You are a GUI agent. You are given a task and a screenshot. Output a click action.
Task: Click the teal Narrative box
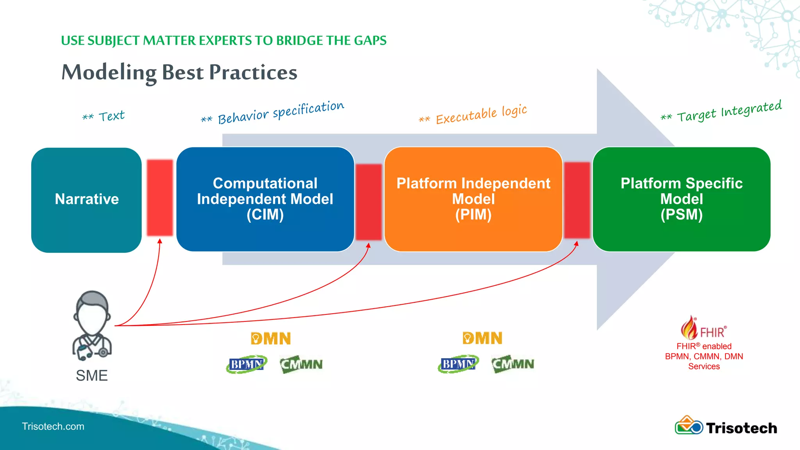point(86,200)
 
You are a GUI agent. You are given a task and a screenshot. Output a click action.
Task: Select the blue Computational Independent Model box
point(265,199)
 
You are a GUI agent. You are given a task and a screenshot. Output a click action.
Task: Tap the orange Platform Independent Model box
point(473,199)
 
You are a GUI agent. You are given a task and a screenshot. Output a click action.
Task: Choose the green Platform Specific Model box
point(681,199)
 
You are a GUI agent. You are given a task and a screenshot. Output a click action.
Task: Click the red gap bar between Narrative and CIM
point(160,198)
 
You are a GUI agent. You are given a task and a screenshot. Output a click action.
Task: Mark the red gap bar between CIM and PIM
point(368,202)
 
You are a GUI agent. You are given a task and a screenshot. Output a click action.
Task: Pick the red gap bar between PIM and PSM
point(577,200)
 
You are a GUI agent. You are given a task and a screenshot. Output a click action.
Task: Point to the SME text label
point(92,375)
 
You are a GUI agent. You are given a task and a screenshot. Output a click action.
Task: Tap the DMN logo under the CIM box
point(271,338)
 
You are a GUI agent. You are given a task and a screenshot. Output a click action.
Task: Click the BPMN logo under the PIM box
point(458,364)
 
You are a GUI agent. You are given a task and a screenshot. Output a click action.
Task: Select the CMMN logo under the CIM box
point(301,364)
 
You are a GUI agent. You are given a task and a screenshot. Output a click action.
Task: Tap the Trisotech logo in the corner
point(726,427)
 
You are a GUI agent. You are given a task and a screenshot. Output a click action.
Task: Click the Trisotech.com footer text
point(53,426)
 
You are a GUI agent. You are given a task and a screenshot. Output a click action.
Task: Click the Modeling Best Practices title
point(179,73)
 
